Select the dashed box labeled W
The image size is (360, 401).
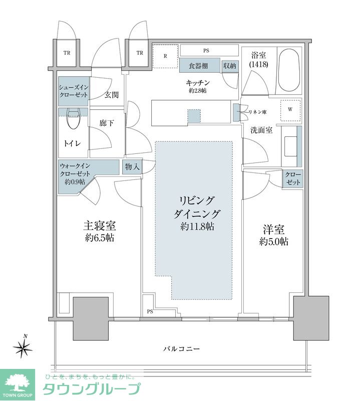(x=290, y=110)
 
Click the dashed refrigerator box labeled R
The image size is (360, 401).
(x=165, y=56)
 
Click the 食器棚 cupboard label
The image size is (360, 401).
(x=198, y=66)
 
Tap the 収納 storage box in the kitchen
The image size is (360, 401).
(x=229, y=66)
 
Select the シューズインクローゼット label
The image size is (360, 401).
(x=74, y=91)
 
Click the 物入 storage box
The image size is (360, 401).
(x=132, y=167)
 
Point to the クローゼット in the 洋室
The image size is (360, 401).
(x=293, y=179)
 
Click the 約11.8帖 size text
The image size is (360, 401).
(x=197, y=227)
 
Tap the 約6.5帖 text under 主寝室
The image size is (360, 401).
(x=100, y=238)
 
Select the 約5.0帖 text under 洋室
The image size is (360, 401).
(x=274, y=242)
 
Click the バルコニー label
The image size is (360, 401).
(x=181, y=348)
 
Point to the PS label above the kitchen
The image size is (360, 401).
(x=206, y=51)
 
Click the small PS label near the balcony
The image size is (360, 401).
(x=150, y=311)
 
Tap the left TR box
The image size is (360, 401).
(x=67, y=53)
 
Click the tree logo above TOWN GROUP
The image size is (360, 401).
(x=18, y=382)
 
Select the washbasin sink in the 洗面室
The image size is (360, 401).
(x=290, y=146)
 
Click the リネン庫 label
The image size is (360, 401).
(x=257, y=112)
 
